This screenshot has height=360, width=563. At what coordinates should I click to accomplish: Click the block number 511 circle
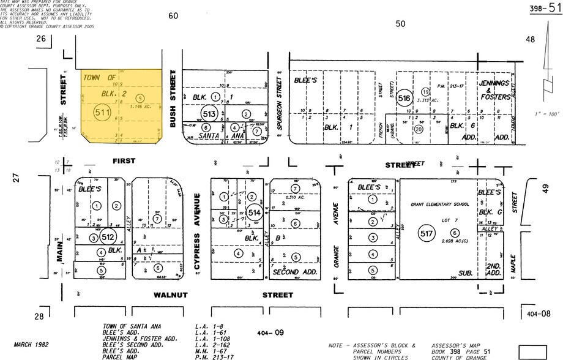coord(102,113)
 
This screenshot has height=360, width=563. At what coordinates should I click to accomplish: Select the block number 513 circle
coord(209,114)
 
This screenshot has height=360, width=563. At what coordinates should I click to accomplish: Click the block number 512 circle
coord(108,237)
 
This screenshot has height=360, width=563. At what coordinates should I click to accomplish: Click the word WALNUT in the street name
coord(171,295)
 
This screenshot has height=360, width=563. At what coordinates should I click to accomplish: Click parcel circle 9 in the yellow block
coord(140,97)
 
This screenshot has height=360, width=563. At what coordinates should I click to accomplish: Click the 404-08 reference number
coord(539,313)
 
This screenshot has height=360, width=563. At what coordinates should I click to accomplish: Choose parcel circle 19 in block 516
coord(425,92)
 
